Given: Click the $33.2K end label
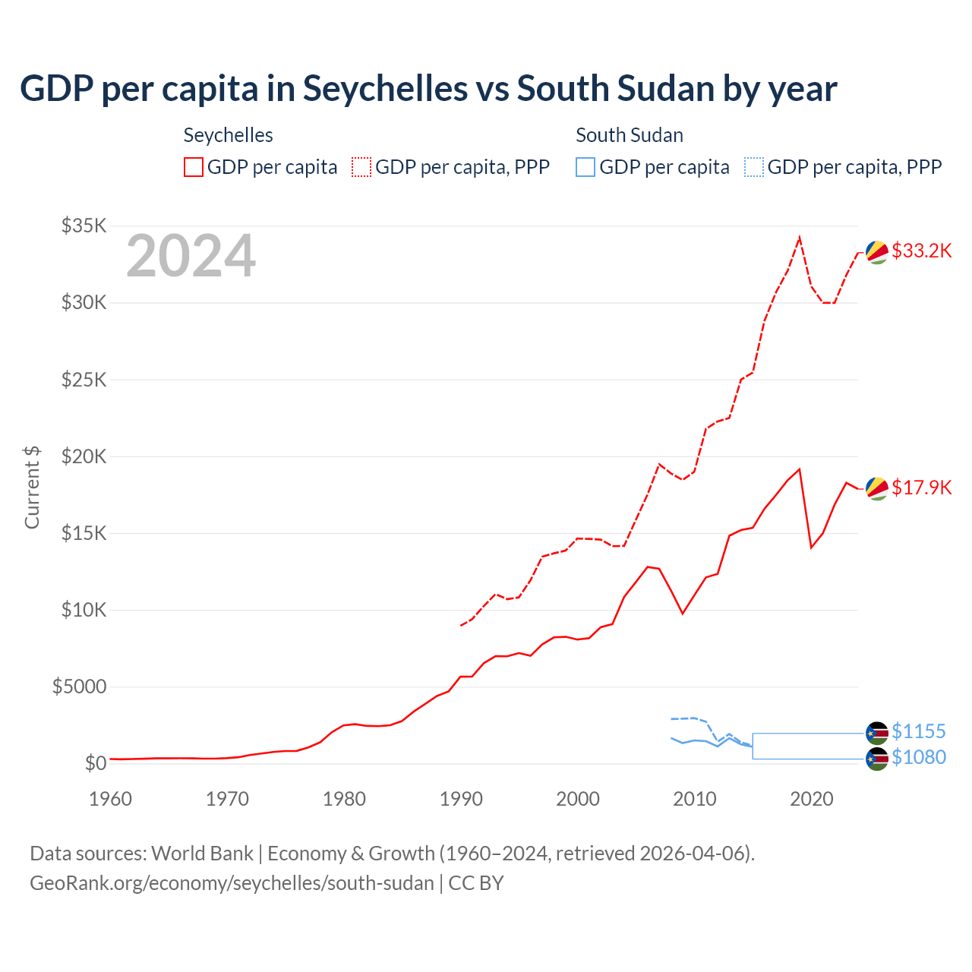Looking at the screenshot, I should pos(921,251).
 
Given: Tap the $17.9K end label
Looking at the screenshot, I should pos(921,488).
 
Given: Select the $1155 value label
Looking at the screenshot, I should pos(918,731).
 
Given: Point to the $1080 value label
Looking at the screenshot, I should pos(918,757).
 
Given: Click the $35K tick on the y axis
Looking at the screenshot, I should pos(84,226).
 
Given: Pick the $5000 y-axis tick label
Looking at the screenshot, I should pos(79,686).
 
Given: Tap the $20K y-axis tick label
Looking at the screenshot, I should pos(84,456).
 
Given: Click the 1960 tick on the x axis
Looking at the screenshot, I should pos(111,799).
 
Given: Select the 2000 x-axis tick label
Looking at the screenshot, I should pos(578,799).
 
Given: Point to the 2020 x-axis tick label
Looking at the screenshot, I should pos(812,799).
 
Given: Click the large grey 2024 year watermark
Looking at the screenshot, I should pos(191,256).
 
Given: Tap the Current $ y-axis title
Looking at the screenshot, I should pos(32,488).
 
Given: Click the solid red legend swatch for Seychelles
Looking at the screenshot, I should pos(194,167).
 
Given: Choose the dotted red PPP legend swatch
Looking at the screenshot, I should pos(361,167).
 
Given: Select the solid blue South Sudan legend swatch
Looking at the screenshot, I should pos(585,167).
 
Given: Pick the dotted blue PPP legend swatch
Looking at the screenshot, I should pos(753,167).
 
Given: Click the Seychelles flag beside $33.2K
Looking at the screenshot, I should pos(877,252).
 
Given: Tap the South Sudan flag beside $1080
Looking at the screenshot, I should pos(877,759).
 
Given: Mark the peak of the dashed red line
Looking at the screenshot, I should pos(800,238).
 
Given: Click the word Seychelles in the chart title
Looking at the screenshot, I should pos(385,89).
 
